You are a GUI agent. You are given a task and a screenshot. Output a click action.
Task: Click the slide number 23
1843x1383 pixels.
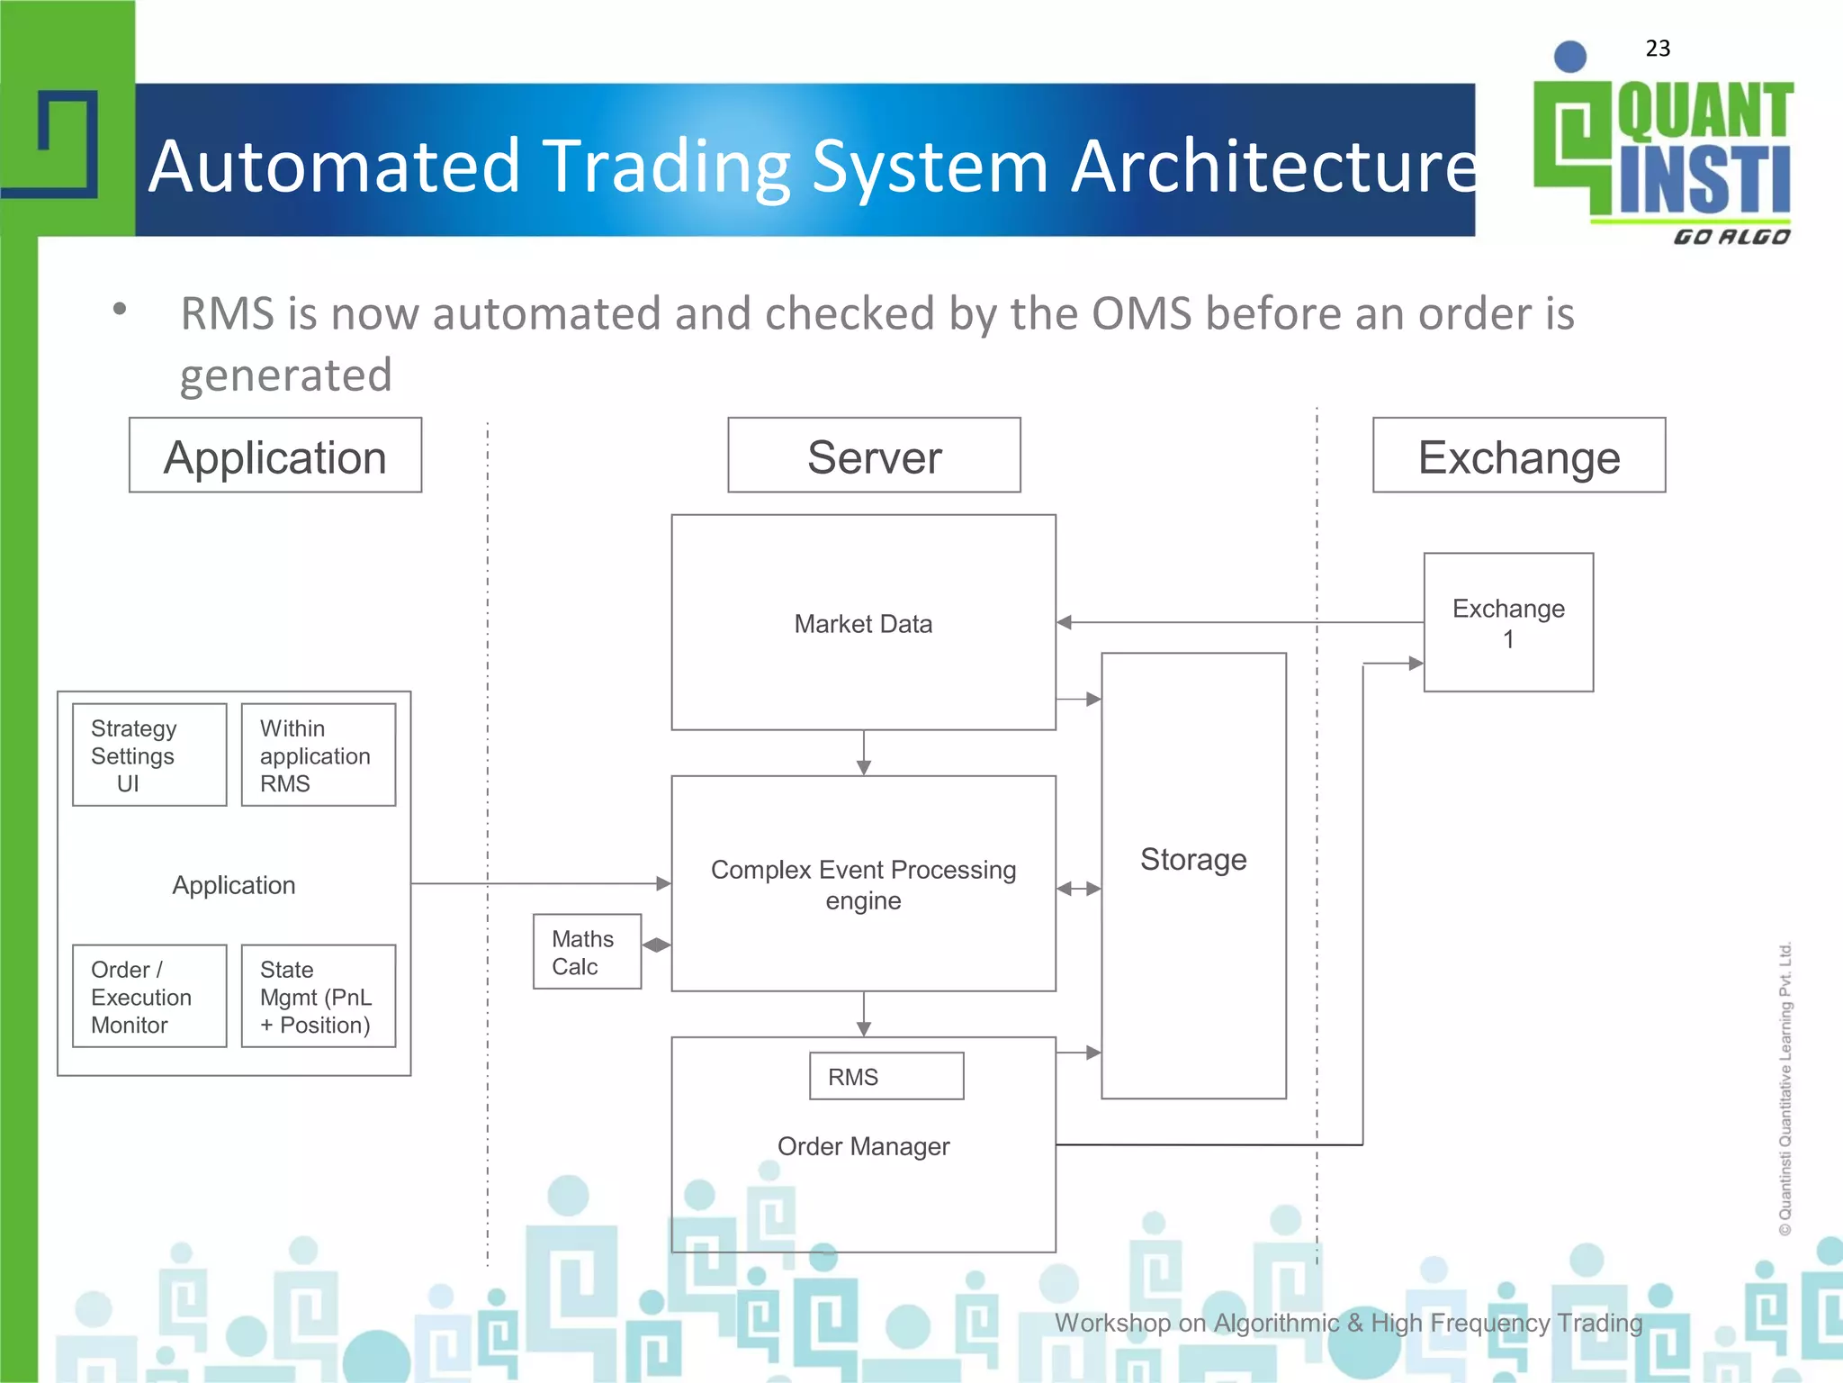[1658, 49]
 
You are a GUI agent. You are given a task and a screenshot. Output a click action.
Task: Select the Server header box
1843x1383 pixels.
[874, 456]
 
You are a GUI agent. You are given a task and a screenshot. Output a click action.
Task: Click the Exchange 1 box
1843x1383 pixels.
[1508, 623]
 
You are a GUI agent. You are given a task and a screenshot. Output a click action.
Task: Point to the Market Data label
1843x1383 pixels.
[863, 624]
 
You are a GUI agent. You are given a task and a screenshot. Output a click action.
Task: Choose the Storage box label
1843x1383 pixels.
[1193, 860]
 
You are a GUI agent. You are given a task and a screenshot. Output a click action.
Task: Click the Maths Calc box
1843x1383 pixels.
[587, 953]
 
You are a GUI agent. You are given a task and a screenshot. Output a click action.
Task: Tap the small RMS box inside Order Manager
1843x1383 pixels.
[886, 1077]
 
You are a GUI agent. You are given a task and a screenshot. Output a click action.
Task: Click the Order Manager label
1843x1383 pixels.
[863, 1146]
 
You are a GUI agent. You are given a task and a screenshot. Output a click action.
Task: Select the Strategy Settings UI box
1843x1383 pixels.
[149, 755]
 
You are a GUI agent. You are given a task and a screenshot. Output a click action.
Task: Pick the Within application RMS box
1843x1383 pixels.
[319, 755]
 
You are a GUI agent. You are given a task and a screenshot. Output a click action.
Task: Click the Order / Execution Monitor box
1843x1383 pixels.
[149, 997]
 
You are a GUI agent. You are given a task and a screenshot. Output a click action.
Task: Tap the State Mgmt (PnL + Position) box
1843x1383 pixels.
[319, 997]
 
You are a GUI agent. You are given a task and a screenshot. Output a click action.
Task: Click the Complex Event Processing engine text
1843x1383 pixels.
[863, 885]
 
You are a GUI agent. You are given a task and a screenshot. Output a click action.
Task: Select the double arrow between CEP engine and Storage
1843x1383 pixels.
[1079, 889]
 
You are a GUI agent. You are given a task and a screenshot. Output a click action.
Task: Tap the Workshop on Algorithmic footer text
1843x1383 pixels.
[1348, 1323]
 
